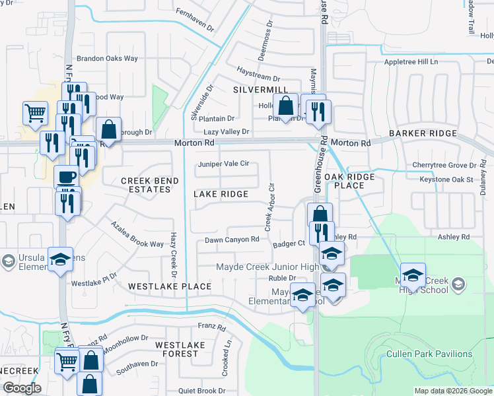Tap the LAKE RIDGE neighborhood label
pyautogui.click(x=221, y=194)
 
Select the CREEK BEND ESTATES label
pyautogui.click(x=145, y=185)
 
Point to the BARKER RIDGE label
pyautogui.click(x=423, y=133)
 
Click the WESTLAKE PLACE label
pyautogui.click(x=170, y=286)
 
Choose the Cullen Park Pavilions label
pyautogui.click(x=429, y=354)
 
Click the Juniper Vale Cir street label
pyautogui.click(x=223, y=164)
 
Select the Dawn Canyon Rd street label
pyautogui.click(x=231, y=240)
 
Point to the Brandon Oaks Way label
pyautogui.click(x=107, y=58)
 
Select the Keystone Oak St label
pyautogui.click(x=446, y=180)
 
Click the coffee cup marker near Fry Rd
pyautogui.click(x=66, y=177)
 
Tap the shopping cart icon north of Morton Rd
pyautogui.click(x=35, y=112)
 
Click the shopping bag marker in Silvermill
pyautogui.click(x=285, y=106)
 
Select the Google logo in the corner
pyautogui.click(x=21, y=388)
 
